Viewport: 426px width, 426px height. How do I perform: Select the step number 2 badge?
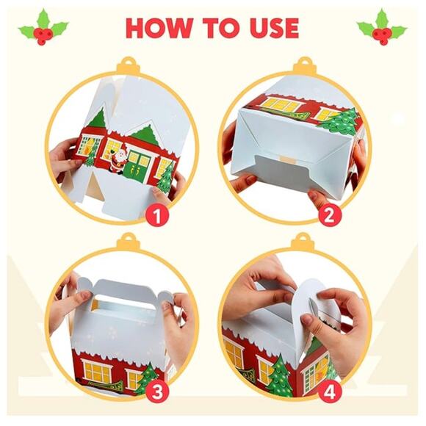[328, 215]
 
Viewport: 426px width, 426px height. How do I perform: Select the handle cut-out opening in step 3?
[119, 299]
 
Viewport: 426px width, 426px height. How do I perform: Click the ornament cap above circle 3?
[129, 240]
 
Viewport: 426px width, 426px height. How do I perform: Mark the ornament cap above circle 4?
[301, 240]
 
